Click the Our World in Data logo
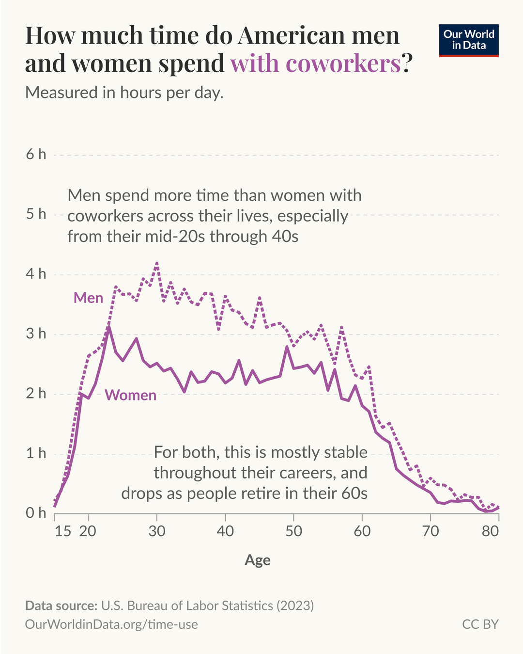coord(469,40)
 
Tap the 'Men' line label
coord(88,298)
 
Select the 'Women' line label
coord(131,395)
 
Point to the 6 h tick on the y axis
coord(36,154)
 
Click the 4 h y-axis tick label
coord(36,274)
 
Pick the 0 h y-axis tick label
coord(36,513)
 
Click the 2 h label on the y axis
coord(36,393)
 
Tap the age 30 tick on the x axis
coord(157,531)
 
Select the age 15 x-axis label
coord(63,531)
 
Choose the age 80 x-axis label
coord(490,531)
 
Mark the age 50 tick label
coord(293,531)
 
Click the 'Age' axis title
coord(258,560)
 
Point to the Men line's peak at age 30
coord(157,263)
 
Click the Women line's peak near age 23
coord(109,327)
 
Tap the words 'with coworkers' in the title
coord(315,64)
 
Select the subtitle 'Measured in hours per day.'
coord(124,92)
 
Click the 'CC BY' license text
coord(480,624)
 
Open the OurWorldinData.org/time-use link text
coord(111,624)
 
